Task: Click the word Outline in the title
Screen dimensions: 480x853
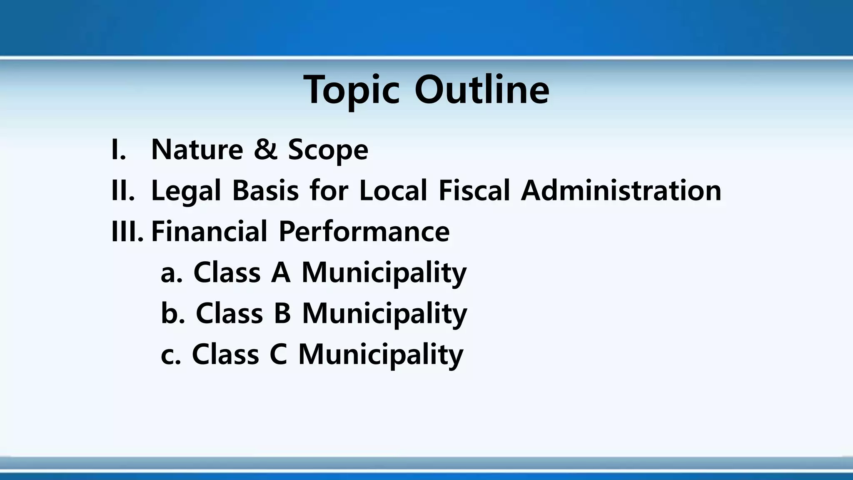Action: pos(482,90)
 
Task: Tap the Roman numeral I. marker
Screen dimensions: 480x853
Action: pos(119,150)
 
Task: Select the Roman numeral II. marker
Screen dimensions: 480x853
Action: pos(123,190)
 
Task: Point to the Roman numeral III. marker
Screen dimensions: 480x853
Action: pos(127,232)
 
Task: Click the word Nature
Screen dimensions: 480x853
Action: pos(197,150)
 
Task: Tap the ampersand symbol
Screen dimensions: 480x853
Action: pos(265,150)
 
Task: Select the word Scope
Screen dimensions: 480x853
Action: pos(328,150)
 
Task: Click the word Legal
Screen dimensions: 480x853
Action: pos(185,191)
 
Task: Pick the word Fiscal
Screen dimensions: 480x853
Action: pos(474,190)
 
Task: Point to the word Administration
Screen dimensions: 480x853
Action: pos(621,190)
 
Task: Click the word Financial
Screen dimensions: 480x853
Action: pos(209,232)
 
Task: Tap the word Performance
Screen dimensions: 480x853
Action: pos(364,232)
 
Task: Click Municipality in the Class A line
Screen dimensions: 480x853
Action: pos(384,273)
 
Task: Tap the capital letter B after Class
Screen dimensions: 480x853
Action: pos(282,313)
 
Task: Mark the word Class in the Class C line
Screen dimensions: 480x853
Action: pos(225,355)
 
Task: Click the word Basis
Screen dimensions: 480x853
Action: pos(265,190)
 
